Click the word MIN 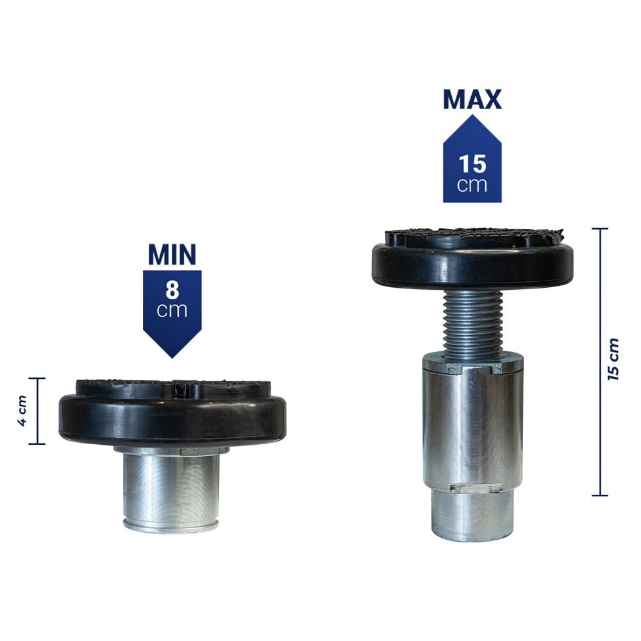point(172,254)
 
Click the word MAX point(472,99)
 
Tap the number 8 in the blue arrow point(172,290)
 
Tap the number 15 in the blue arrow point(472,164)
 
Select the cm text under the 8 point(172,310)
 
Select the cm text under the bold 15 point(472,185)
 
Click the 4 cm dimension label point(22,411)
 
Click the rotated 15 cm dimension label point(613,360)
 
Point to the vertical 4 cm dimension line point(38,411)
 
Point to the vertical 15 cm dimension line point(600,362)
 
